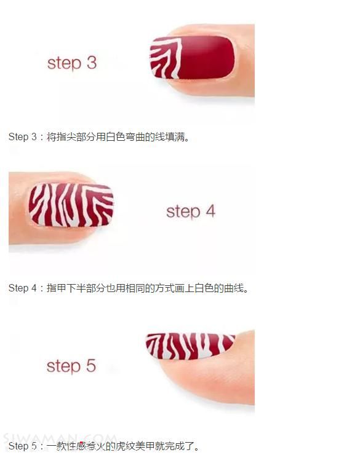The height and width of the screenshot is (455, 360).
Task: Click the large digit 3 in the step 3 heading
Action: (x=92, y=63)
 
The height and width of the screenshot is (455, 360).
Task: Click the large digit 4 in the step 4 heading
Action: (x=211, y=211)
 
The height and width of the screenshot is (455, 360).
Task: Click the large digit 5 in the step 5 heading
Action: (x=91, y=366)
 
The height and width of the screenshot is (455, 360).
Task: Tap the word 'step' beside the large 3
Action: (x=64, y=64)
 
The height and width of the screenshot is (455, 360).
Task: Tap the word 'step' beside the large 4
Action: (x=183, y=212)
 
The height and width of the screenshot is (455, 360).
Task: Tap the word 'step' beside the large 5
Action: (x=63, y=367)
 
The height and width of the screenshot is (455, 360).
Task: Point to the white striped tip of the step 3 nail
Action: (x=166, y=58)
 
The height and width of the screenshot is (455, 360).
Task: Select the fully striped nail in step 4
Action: (x=71, y=205)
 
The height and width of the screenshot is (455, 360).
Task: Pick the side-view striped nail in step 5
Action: (x=190, y=346)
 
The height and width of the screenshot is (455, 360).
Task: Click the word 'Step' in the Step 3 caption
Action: (x=18, y=136)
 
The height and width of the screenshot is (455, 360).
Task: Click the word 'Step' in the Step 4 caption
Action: (x=18, y=288)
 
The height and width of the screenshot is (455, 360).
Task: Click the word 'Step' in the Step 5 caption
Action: (x=18, y=446)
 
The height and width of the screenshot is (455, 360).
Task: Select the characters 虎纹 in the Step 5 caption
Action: (x=125, y=446)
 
